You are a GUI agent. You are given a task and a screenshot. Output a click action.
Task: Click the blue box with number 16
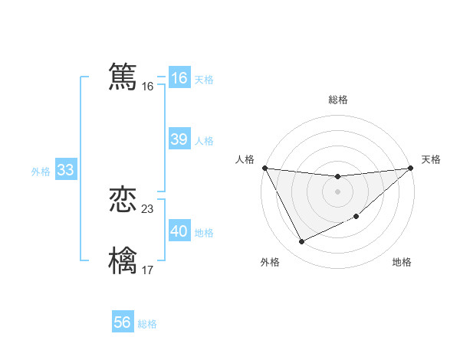pos(179,78)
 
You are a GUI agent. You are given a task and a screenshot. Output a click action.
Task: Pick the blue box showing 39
pos(179,139)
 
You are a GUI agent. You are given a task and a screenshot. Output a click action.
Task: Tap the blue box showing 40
pos(179,231)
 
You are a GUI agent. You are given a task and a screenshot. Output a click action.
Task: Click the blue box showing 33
pos(65,171)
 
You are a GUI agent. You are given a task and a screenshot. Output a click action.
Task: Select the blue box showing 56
pos(123,322)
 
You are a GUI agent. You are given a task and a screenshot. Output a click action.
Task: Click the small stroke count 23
pos(148,209)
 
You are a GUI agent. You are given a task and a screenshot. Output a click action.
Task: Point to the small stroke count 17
pos(148,270)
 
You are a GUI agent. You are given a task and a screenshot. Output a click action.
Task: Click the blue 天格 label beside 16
pos(204,80)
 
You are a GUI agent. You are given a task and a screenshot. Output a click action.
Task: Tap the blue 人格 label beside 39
pos(204,141)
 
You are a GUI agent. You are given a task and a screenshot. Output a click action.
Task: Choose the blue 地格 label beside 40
pos(204,233)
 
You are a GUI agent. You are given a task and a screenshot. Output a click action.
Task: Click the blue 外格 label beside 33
pos(41,172)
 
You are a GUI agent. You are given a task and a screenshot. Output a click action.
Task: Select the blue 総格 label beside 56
pos(147,324)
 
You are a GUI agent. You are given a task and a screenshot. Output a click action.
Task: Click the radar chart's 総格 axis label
pos(337,100)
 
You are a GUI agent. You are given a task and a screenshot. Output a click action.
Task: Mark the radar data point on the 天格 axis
pos(411,168)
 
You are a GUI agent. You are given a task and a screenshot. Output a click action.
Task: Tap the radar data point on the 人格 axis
pos(264,168)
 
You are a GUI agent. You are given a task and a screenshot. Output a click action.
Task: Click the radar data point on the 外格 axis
pos(301,242)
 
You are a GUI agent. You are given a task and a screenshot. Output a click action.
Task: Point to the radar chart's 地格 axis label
pos(402,263)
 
